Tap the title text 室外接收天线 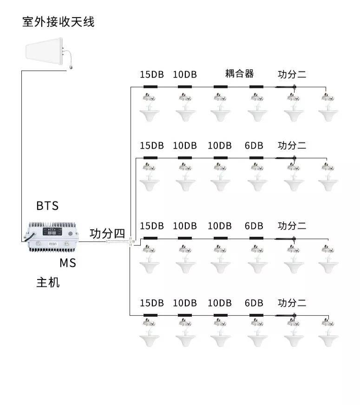59,22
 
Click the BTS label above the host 47,206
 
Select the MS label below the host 68,263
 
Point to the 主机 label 48,282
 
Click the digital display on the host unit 52,232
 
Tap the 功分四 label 107,234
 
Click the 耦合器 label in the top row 240,73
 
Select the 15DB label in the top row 152,75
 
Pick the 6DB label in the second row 254,146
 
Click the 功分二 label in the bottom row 292,303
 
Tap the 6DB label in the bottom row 254,303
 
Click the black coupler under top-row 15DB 151,87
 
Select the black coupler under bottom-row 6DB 256,315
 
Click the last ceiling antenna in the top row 328,107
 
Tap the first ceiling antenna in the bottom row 150,333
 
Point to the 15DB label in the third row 152,226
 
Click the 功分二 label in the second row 292,145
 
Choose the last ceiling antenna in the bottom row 328,333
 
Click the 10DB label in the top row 185,75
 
